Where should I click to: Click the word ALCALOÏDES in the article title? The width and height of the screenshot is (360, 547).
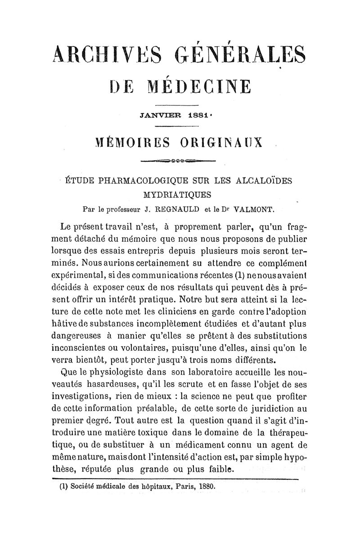(x=264, y=181)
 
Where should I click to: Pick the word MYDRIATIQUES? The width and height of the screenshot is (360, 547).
(x=178, y=195)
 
